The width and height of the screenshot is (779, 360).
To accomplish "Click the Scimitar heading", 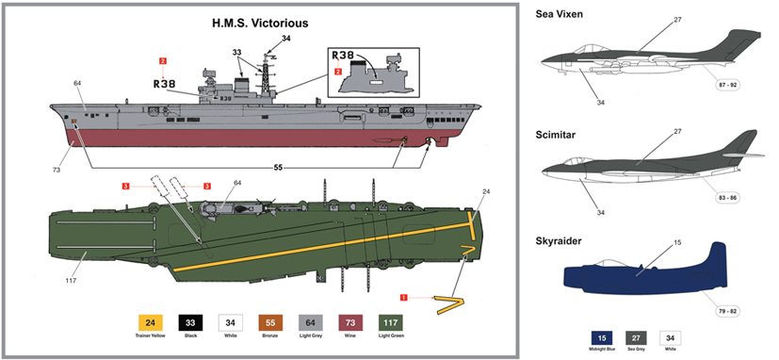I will (x=557, y=133).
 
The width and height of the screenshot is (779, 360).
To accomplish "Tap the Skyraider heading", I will (x=560, y=241).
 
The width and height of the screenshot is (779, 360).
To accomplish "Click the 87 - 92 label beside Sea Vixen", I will (x=729, y=85).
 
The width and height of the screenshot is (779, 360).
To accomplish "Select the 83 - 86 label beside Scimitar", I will (x=728, y=197).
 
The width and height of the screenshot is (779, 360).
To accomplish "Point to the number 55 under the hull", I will (x=278, y=167).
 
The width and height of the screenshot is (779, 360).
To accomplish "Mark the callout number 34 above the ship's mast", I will (x=286, y=39).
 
